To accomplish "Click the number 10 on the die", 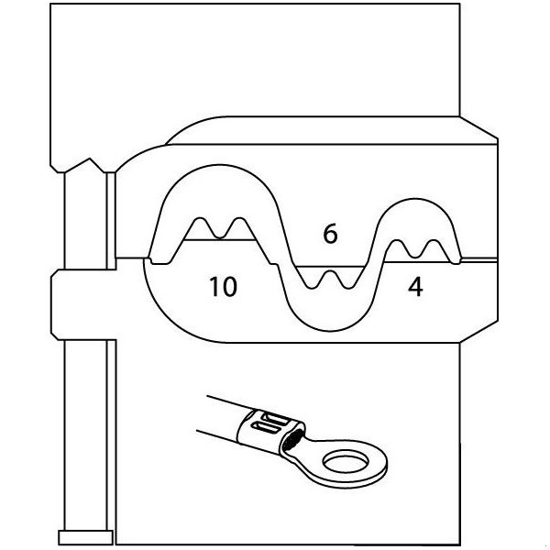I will click(x=222, y=287).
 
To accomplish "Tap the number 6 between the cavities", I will click(x=330, y=235).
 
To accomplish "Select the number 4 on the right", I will click(x=415, y=287).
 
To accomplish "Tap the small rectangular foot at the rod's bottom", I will click(x=84, y=536).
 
